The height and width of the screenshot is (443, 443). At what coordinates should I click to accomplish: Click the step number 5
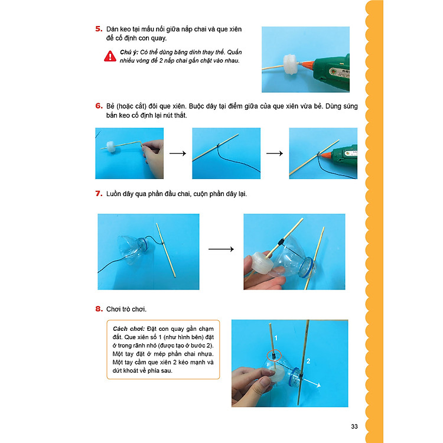pyautogui.click(x=98, y=30)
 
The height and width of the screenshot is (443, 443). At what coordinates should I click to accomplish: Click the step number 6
pyautogui.click(x=98, y=106)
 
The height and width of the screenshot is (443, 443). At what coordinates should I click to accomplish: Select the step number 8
pyautogui.click(x=98, y=309)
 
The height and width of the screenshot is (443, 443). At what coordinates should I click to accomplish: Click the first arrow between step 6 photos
pyautogui.click(x=178, y=154)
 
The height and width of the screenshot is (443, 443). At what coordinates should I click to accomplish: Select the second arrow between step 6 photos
pyautogui.click(x=275, y=154)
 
